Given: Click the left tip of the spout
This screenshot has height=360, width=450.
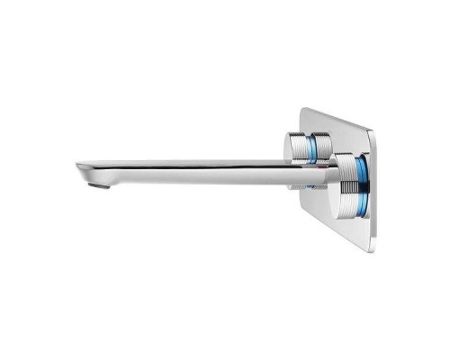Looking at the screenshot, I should tap(78, 168).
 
